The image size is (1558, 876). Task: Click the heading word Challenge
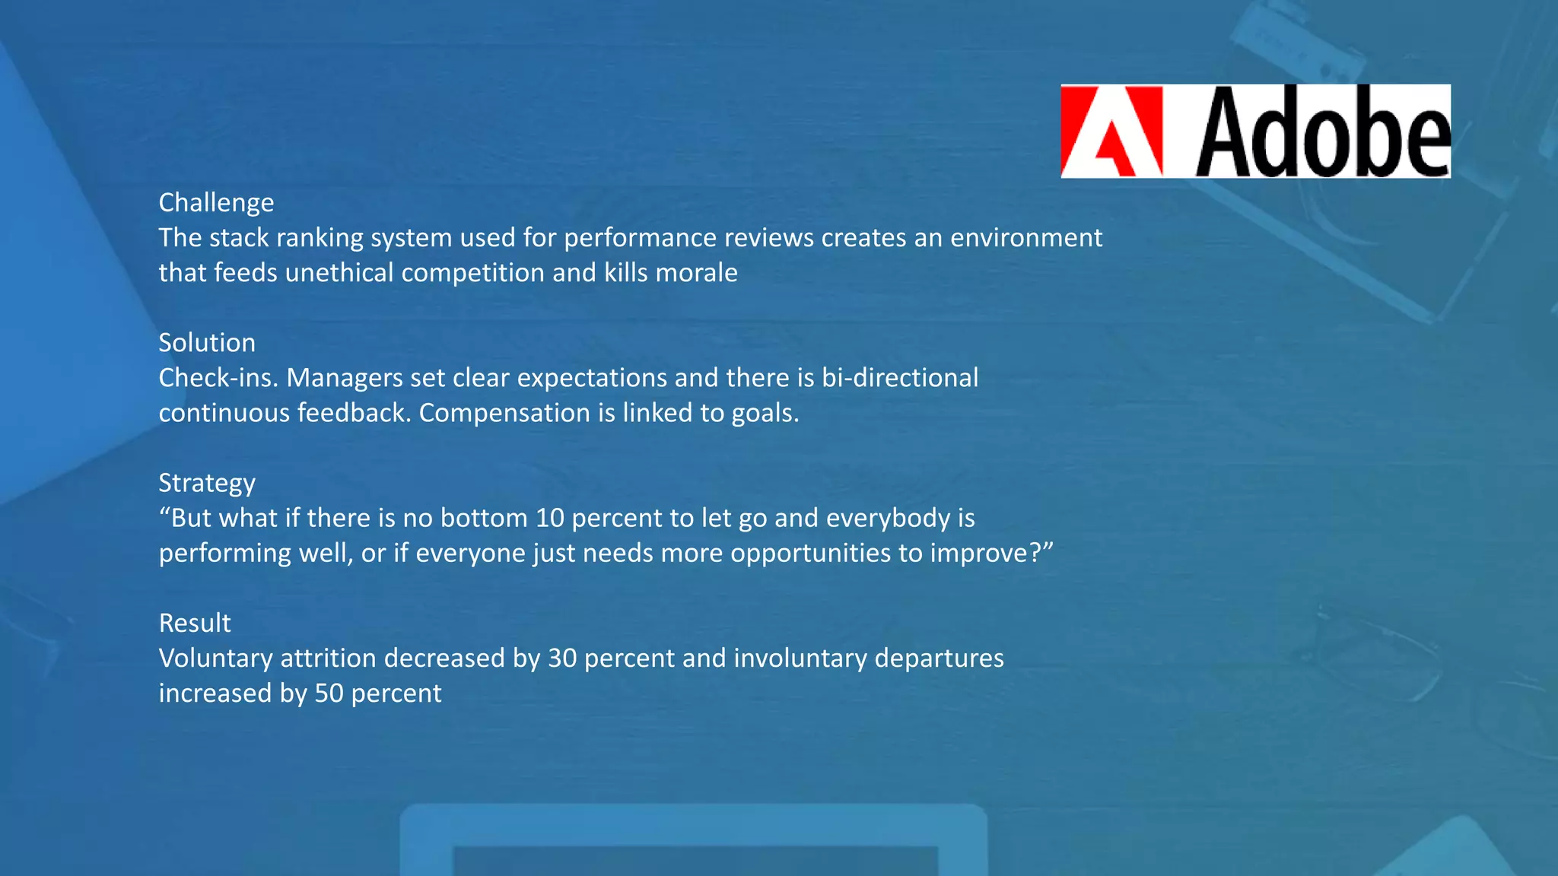click(216, 203)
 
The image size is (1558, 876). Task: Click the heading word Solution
click(207, 343)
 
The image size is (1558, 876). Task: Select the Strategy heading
click(207, 484)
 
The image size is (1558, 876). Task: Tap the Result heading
click(195, 624)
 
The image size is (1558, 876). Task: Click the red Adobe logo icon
click(1112, 132)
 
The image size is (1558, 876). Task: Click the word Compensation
click(504, 413)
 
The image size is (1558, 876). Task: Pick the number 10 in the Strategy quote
click(549, 519)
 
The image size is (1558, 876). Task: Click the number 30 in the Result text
click(562, 659)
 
